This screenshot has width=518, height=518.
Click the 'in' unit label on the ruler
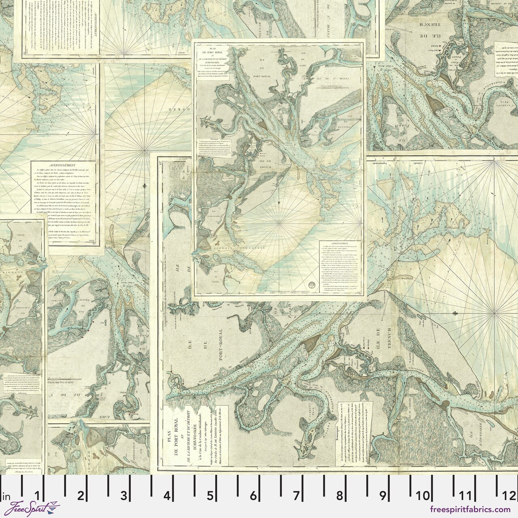pyautogui.click(x=6, y=495)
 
